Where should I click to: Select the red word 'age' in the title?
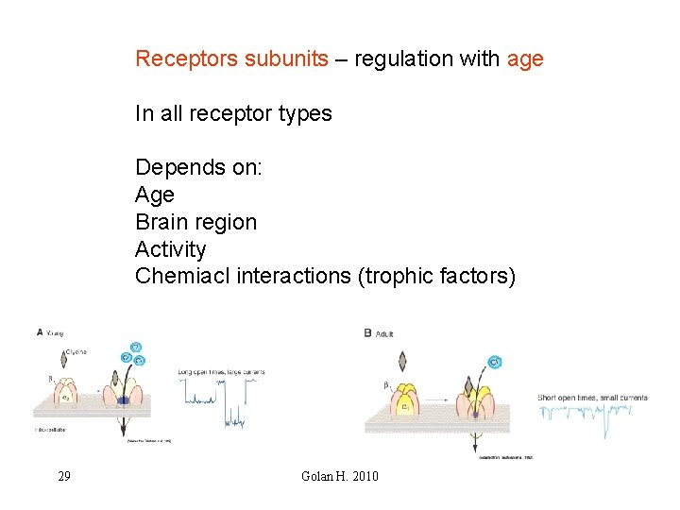525,59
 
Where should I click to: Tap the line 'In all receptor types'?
233,113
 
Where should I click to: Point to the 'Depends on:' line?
199,168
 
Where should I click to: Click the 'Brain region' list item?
195,223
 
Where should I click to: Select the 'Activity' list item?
170,249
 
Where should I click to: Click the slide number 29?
63,476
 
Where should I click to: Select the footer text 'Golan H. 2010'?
339,476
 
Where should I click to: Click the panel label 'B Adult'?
379,332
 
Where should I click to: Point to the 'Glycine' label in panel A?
76,351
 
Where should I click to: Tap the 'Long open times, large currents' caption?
221,372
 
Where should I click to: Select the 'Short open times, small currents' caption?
592,398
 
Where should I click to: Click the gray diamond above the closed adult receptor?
404,361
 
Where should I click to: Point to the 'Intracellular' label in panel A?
54,429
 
